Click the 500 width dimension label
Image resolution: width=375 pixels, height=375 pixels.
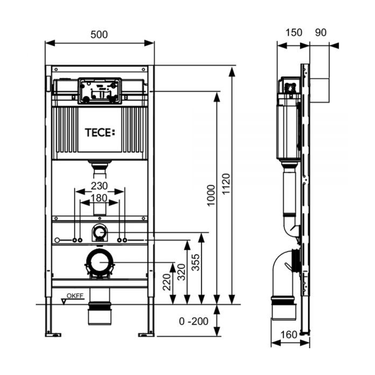pos(99,34)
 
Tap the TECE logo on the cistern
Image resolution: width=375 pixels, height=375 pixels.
pos(100,132)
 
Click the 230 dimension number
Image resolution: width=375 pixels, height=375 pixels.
pos(99,186)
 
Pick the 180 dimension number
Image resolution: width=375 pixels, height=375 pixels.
pos(99,199)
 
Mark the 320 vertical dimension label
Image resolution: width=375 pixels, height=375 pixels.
pos(182,273)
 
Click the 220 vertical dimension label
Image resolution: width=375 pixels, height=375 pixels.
pos(167,283)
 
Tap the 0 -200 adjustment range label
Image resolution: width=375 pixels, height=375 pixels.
pos(193,321)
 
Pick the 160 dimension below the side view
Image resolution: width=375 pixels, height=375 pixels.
pos(289,335)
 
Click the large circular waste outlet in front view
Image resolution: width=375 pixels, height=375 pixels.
pos(99,262)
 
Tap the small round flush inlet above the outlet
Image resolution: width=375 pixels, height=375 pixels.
pos(100,232)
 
